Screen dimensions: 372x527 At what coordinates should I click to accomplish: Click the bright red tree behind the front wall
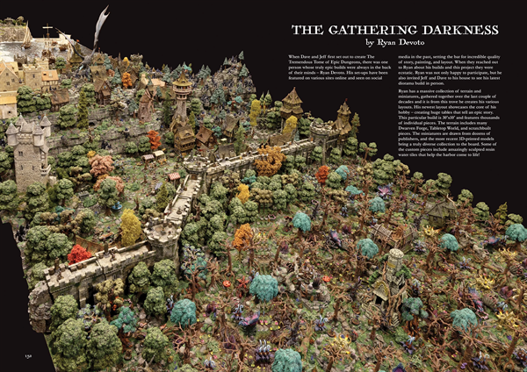pos(79,254)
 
